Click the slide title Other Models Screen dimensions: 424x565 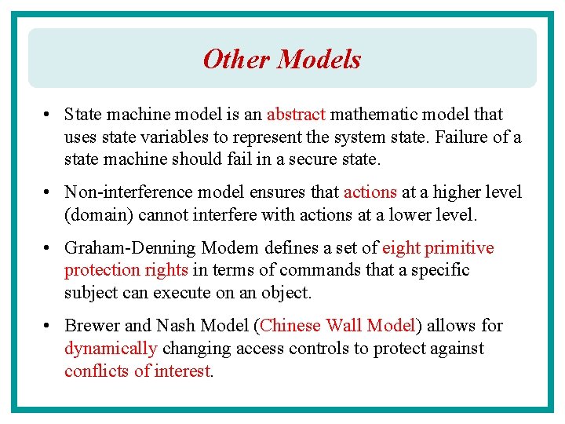pyautogui.click(x=282, y=59)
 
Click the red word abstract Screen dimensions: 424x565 pyautogui.click(x=296, y=115)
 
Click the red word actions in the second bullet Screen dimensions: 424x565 pyautogui.click(x=370, y=192)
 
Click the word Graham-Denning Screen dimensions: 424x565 pyautogui.click(x=130, y=248)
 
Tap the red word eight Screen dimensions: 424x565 pyautogui.click(x=401, y=248)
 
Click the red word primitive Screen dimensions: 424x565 pyautogui.click(x=460, y=248)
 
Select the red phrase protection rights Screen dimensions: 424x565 pyautogui.click(x=126, y=271)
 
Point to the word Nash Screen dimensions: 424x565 pyautogui.click(x=175, y=326)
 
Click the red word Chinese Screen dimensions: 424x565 pyautogui.click(x=291, y=326)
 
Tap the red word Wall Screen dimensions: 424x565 pyautogui.click(x=345, y=326)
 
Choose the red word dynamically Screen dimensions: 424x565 pyautogui.click(x=111, y=349)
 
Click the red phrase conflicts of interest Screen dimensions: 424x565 pyautogui.click(x=137, y=371)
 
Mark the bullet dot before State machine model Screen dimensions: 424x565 pyautogui.click(x=49, y=115)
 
